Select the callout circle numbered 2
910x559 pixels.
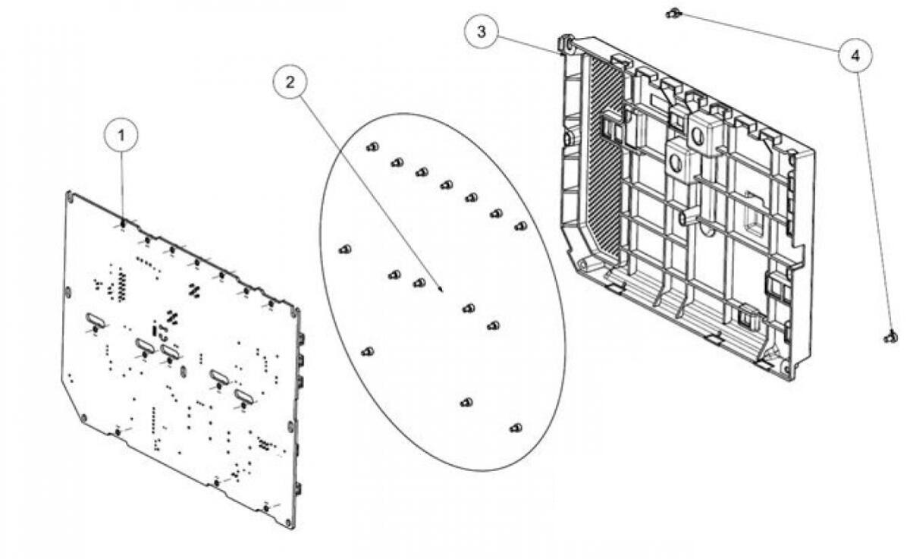[x=289, y=82]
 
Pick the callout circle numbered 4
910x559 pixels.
[x=855, y=55]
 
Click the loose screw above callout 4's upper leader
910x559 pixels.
[x=672, y=12]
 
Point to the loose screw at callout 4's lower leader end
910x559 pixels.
[x=890, y=337]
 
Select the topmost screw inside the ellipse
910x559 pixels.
[x=372, y=146]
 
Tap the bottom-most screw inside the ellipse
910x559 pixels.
[x=516, y=428]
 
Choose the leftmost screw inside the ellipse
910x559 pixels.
[x=344, y=249]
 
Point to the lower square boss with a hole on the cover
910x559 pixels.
[x=676, y=162]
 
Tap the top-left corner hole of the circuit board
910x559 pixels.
[x=70, y=196]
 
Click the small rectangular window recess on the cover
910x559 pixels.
[x=755, y=220]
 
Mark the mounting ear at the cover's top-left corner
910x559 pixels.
[x=564, y=43]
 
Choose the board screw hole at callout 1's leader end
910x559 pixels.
[x=123, y=224]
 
